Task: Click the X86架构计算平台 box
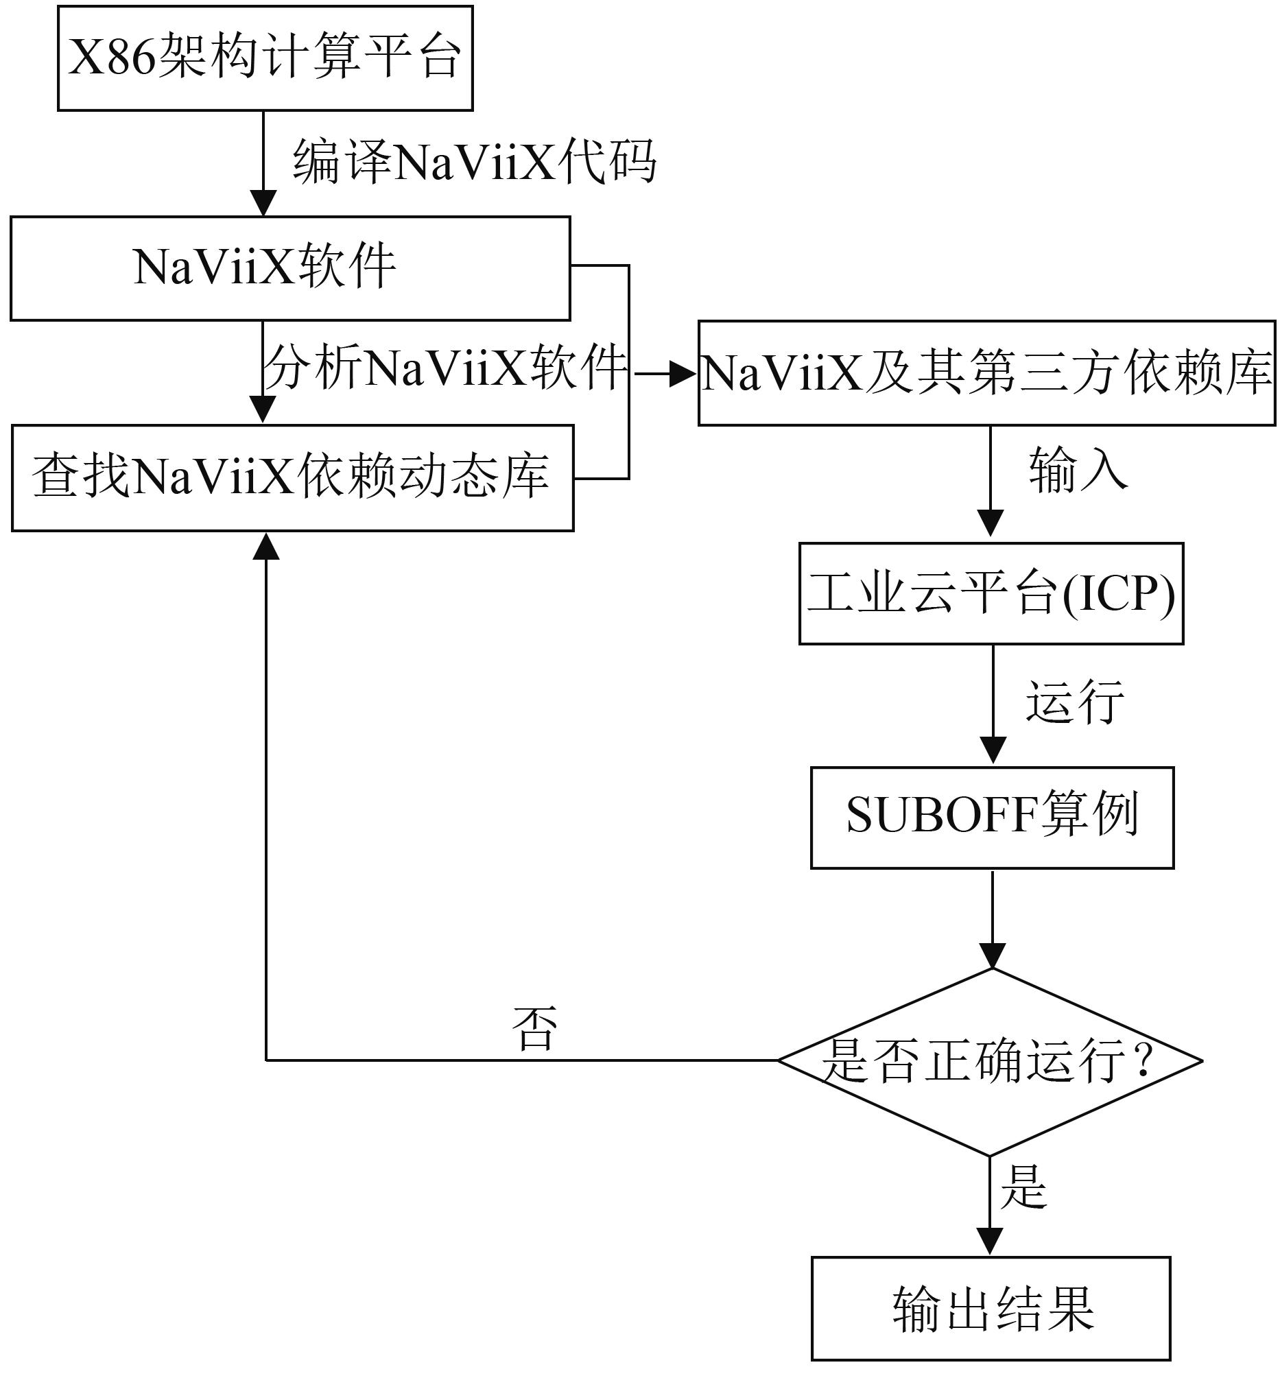coord(265,58)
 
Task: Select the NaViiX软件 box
coord(290,268)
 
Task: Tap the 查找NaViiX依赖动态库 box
coord(292,478)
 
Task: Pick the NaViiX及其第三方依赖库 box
coord(986,372)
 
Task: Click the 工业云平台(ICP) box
coord(991,593)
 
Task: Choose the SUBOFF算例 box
coord(992,817)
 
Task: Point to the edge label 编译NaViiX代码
coord(475,162)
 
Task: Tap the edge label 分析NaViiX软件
coord(445,367)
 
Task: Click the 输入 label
coord(1078,470)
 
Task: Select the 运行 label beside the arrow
coord(1074,702)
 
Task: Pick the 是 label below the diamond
coord(1023,1187)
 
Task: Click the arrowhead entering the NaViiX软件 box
coord(263,204)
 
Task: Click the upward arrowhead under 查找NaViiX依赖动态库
coord(266,547)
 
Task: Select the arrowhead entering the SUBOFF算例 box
coord(993,750)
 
